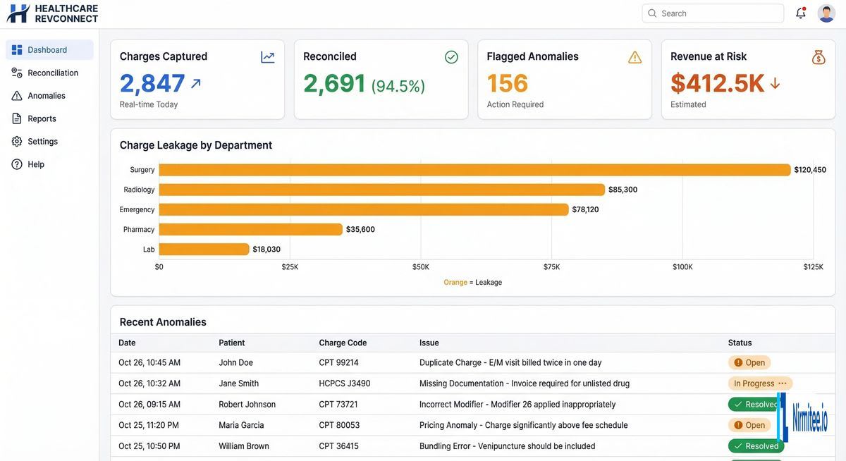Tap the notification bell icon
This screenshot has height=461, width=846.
(x=800, y=13)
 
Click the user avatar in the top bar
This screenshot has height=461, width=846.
(x=826, y=13)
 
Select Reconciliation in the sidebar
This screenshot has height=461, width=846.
(x=52, y=73)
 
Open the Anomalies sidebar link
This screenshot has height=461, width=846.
(x=46, y=96)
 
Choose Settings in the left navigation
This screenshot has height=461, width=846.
(x=42, y=142)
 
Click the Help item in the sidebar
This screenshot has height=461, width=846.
(x=35, y=164)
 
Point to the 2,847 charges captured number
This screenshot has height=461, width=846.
(x=152, y=83)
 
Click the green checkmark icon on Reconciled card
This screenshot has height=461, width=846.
(x=451, y=57)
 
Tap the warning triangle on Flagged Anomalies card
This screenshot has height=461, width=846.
(x=634, y=57)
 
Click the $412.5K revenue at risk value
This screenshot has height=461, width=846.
(x=717, y=83)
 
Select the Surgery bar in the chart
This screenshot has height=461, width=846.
(x=474, y=170)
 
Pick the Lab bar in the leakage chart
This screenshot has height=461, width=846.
(x=204, y=249)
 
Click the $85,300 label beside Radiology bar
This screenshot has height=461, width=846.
(x=623, y=190)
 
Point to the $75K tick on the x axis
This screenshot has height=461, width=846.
(x=551, y=267)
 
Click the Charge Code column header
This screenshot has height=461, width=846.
(x=343, y=343)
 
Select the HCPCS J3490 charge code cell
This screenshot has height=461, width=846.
(x=344, y=383)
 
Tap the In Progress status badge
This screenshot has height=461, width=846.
(x=759, y=383)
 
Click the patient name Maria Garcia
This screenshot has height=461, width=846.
(x=241, y=425)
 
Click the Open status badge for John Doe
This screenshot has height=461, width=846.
(x=749, y=363)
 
